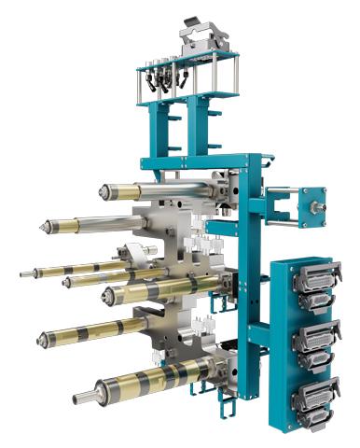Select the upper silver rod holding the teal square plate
(x=280, y=194)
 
